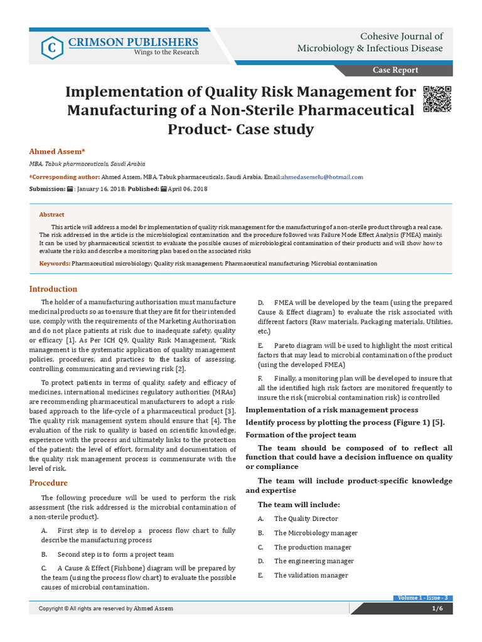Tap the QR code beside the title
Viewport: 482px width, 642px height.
437,98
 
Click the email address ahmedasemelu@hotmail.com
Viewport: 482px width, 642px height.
322,177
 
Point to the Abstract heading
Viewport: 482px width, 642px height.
52,214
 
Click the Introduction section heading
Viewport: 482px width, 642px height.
53,289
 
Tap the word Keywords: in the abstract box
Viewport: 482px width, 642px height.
55,264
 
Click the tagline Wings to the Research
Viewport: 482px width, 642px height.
166,53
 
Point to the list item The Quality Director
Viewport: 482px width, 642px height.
306,518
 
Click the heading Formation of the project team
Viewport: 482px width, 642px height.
301,434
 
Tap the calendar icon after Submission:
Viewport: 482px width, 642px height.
70,189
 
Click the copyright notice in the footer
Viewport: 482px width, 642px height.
106,608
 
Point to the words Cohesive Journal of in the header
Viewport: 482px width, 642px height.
401,36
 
